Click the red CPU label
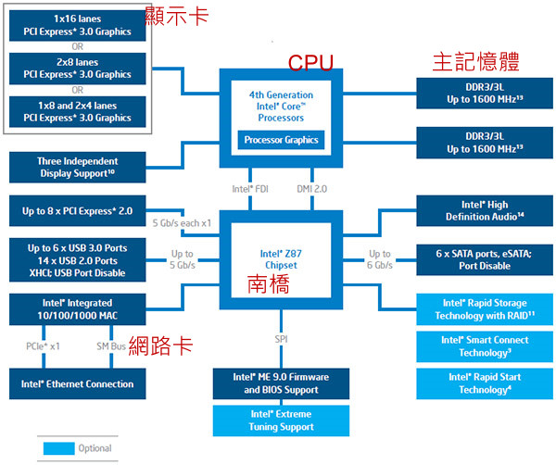[310, 62]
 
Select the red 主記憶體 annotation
[474, 62]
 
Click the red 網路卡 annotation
[162, 346]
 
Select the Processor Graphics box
[281, 141]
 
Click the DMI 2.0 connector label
[312, 188]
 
